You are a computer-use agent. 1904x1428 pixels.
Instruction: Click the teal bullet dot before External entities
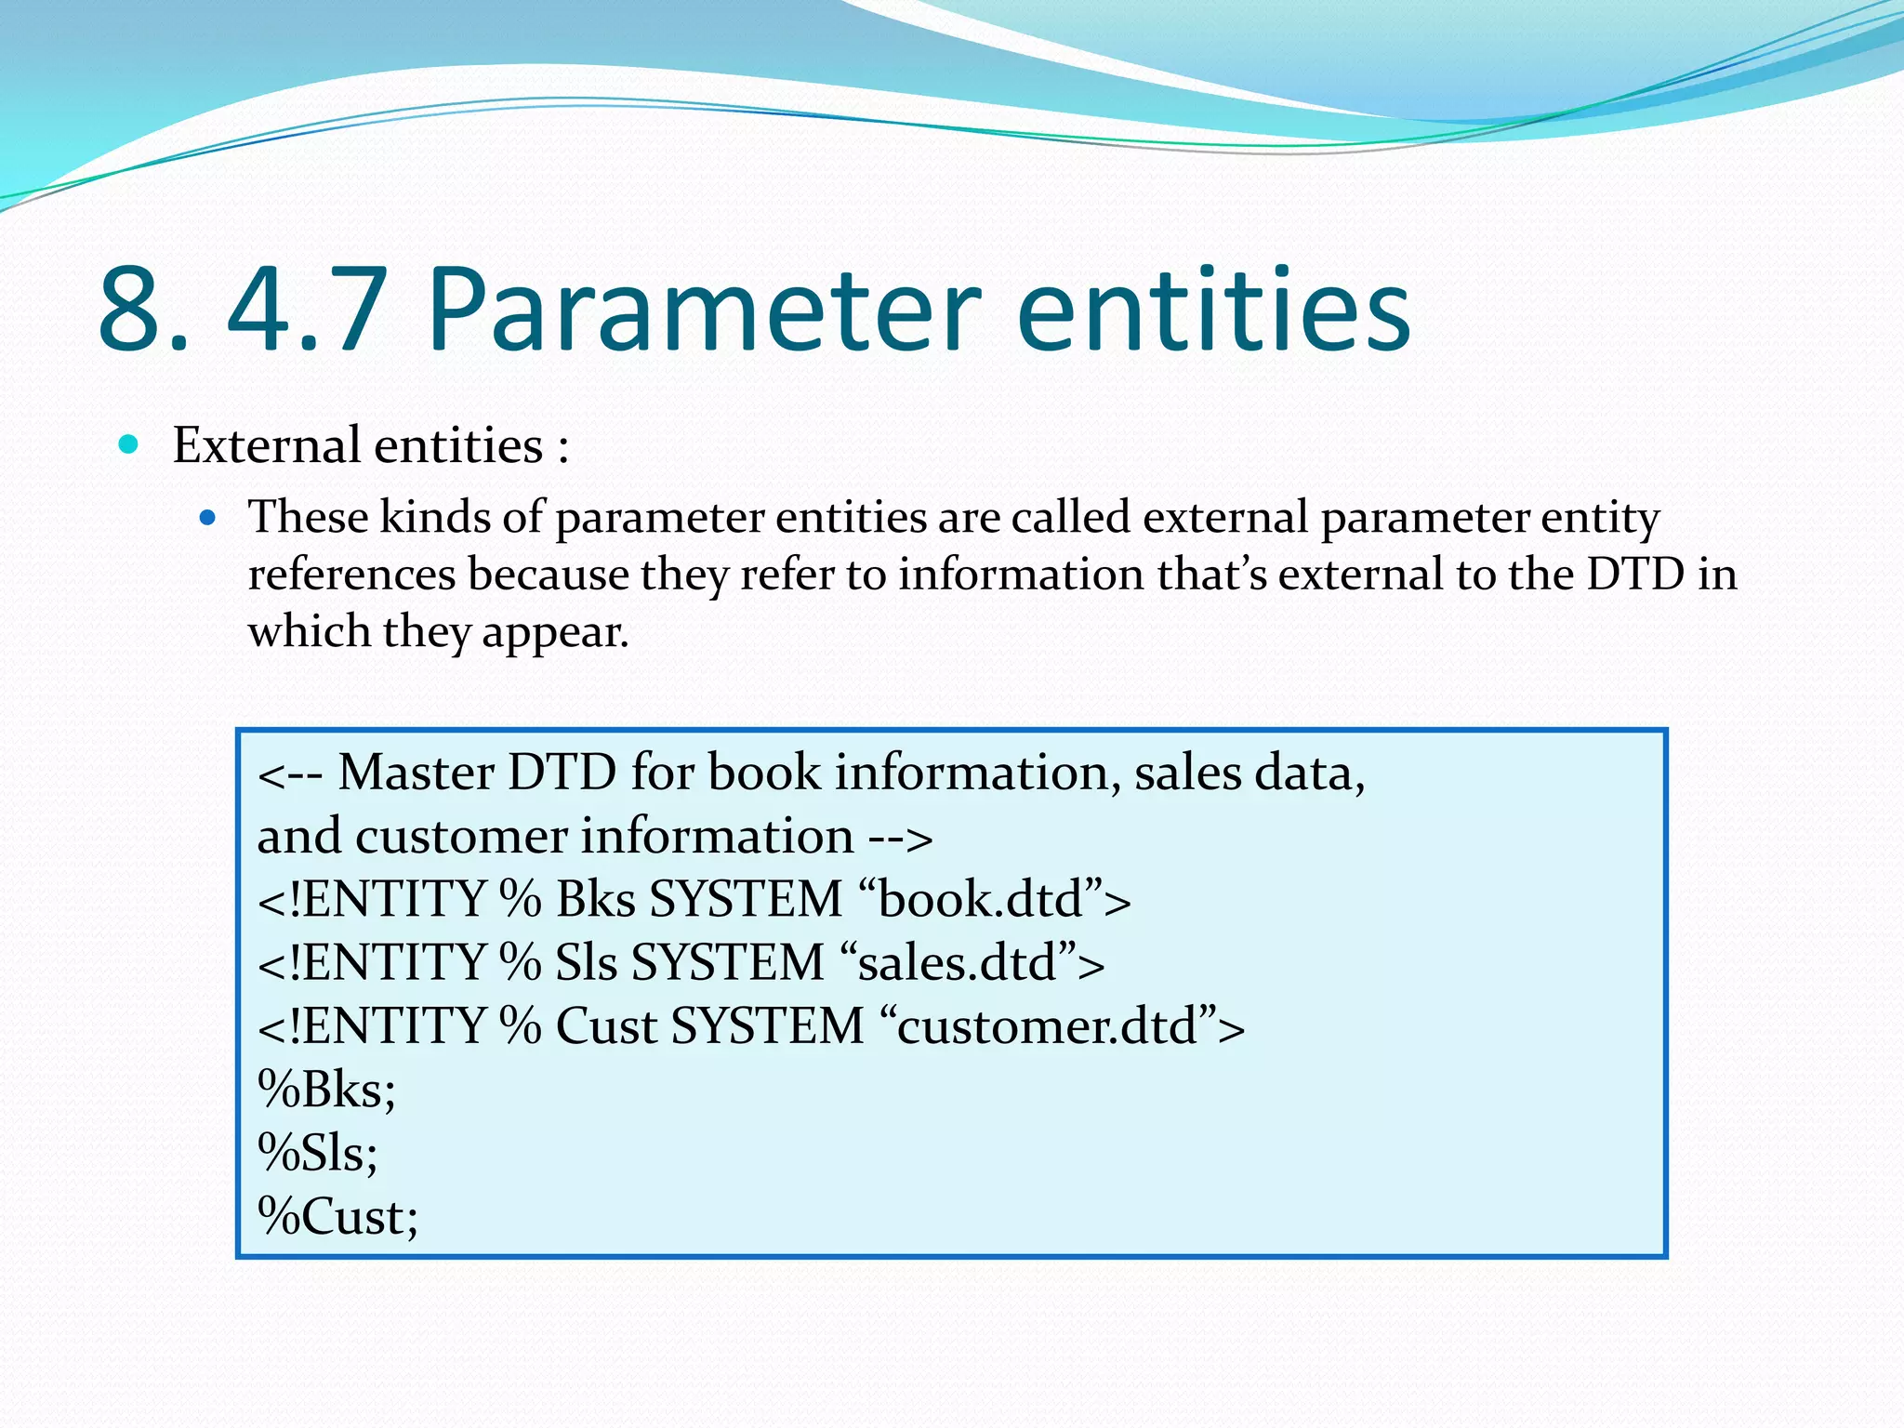129,444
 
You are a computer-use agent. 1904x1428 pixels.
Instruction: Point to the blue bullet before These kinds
208,518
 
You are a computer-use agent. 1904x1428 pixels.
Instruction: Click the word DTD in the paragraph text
1635,574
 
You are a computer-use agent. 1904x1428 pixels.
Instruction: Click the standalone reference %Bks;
326,1090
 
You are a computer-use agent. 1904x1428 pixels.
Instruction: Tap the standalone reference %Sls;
318,1153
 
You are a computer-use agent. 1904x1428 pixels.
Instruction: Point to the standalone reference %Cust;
338,1216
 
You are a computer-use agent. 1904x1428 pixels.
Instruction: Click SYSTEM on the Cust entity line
767,1026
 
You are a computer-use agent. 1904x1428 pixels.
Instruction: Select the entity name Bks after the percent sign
595,899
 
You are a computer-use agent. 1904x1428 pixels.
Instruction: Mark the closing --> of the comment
900,837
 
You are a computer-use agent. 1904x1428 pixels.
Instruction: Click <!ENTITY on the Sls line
372,962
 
